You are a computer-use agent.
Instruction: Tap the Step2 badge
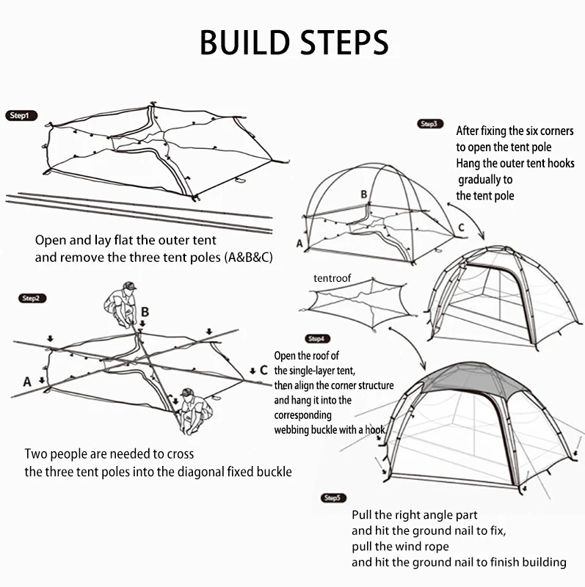coord(30,299)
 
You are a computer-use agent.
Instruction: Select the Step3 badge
coord(431,124)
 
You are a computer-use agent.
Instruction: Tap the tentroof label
coord(333,278)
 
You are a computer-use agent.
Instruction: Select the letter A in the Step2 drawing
coord(27,381)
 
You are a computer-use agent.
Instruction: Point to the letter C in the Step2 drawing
coord(264,370)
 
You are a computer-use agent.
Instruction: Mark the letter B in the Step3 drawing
coord(363,194)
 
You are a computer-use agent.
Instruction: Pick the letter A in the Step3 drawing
coord(299,242)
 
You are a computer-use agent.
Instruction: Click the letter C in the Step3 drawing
coord(461,227)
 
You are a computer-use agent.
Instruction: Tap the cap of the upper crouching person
coord(130,285)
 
